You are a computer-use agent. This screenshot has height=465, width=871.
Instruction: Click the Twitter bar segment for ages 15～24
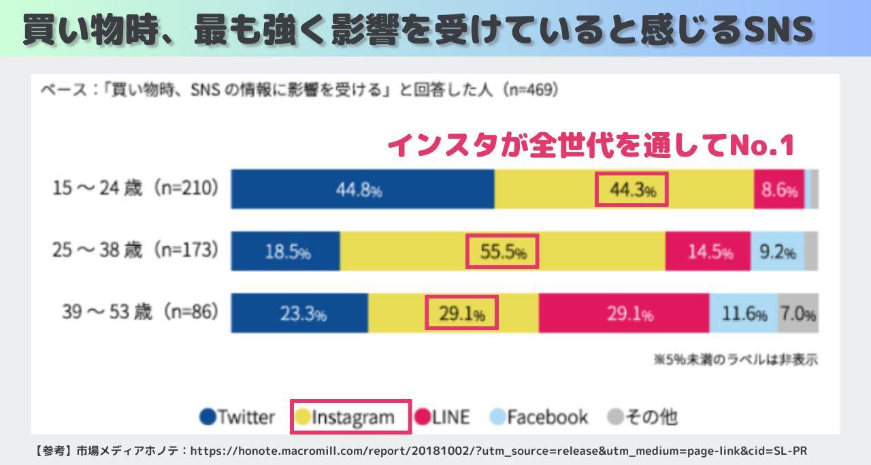pos(363,189)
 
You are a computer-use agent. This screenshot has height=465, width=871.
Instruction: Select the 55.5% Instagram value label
pos(503,252)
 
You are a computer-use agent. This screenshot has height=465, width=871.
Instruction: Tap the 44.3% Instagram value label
pos(631,190)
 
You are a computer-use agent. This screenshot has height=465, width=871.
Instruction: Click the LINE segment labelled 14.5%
pos(708,252)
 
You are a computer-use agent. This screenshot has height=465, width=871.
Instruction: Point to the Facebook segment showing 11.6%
pos(744,314)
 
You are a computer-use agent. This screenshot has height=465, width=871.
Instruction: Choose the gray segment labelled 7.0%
pos(798,314)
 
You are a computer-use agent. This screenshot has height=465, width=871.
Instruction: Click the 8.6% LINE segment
pos(779,190)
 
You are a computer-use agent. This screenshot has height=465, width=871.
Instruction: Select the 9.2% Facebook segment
pos(777,252)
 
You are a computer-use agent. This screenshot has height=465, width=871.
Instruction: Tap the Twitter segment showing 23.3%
pos(299,314)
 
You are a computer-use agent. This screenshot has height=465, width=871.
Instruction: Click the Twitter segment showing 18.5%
pos(285,252)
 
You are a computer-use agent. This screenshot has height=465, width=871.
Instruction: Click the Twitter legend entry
pos(238,417)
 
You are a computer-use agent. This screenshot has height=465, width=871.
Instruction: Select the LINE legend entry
pos(442,417)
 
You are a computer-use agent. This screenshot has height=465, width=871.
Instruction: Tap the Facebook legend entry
pos(539,417)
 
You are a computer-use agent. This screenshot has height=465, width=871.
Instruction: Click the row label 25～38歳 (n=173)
pos(136,251)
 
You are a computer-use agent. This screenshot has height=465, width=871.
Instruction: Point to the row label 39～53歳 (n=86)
pos(136,312)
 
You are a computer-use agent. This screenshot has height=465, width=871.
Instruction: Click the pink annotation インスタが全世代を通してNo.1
pos(591,144)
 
